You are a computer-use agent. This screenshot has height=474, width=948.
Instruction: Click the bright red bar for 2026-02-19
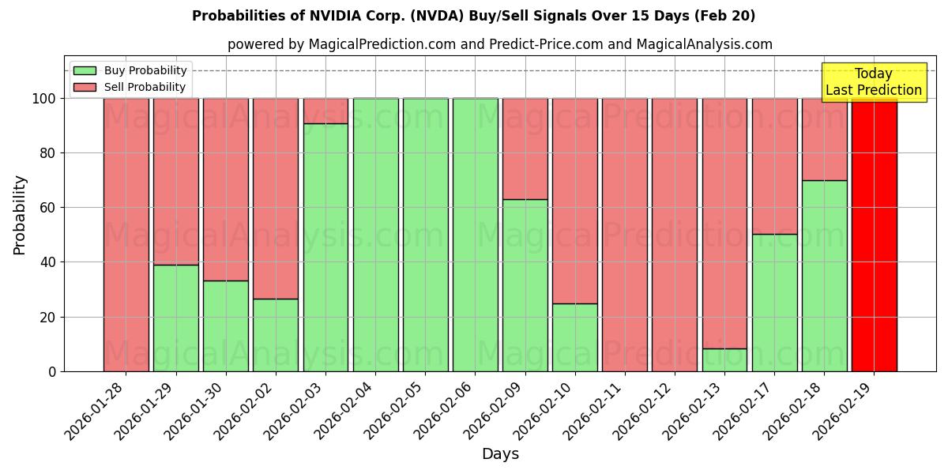(874, 235)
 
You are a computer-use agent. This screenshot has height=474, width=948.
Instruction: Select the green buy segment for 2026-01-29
(175, 318)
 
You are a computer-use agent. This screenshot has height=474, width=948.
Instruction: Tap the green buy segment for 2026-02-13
(724, 359)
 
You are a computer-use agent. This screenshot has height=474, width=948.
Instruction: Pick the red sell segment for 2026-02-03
(325, 111)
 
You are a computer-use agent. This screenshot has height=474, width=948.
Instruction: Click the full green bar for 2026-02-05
(425, 235)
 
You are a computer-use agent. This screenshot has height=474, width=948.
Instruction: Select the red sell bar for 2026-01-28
(126, 235)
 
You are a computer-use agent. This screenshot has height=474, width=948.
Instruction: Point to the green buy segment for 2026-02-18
(824, 276)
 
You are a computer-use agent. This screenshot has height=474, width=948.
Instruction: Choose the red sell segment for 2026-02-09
(525, 149)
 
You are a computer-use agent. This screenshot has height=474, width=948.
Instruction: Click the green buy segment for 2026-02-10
(574, 337)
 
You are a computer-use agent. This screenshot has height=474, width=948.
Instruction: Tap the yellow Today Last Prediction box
(873, 82)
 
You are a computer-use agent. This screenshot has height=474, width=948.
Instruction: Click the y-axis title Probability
(20, 215)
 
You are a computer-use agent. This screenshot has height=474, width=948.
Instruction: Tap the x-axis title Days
(500, 454)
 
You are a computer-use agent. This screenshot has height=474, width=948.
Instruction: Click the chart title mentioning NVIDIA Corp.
(473, 16)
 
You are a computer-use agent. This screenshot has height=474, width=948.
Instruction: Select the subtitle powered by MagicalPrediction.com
(499, 44)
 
